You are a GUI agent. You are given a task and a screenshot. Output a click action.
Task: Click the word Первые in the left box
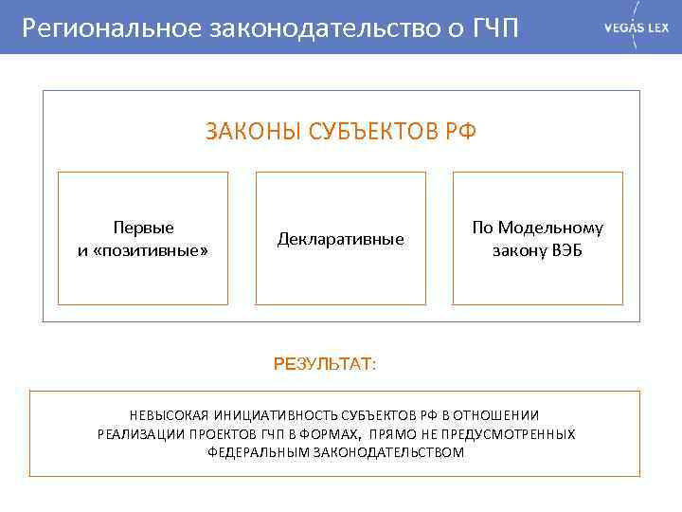point(143,228)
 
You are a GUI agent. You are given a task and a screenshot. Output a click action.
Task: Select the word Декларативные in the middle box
point(340,239)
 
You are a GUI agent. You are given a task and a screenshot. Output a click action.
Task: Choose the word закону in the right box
point(516,250)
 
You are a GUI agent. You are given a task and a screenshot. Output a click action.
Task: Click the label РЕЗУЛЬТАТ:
point(324,364)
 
